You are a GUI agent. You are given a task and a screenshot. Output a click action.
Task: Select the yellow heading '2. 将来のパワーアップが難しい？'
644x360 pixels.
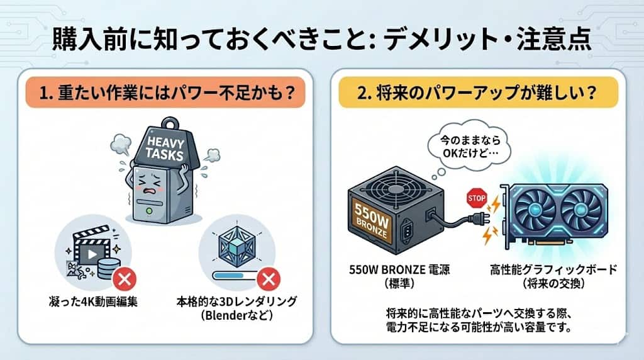pos(477,95)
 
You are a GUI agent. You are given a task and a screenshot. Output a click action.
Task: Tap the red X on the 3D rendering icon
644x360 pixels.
pos(269,277)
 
